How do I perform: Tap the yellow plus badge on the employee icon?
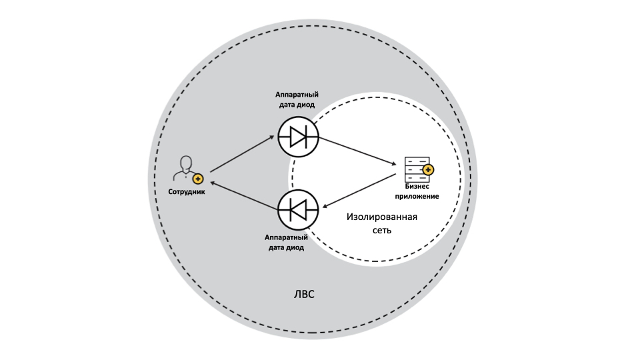(x=197, y=179)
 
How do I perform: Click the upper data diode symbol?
(x=298, y=137)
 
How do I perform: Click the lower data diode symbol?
(x=298, y=210)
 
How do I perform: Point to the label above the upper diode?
(x=295, y=100)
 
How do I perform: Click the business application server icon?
(x=416, y=170)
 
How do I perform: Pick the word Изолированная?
(x=383, y=217)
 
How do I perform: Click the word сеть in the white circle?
(x=383, y=230)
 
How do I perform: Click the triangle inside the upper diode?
(x=297, y=137)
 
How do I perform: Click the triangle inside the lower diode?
(x=299, y=210)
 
